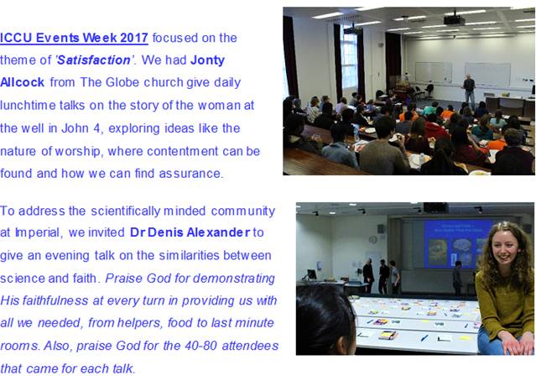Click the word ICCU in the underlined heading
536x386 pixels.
[x=16, y=38]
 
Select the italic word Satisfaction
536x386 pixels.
[x=94, y=60]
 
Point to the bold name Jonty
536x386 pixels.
[x=207, y=60]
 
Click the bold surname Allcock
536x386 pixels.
[x=22, y=82]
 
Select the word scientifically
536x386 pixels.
[x=125, y=211]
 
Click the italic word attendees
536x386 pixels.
[x=250, y=346]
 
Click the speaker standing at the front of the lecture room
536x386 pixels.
[x=469, y=91]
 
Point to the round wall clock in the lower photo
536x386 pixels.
[x=372, y=240]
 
